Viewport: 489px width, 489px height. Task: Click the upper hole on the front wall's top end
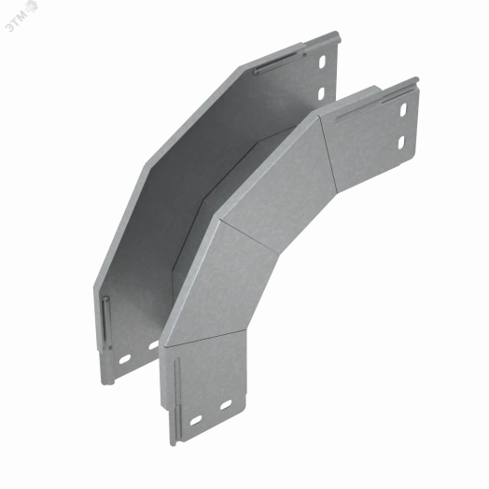coord(404,110)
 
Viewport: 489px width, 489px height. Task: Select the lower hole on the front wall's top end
coord(403,142)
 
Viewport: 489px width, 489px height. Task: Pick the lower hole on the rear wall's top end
coord(322,93)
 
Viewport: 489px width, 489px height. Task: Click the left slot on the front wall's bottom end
coord(195,419)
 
